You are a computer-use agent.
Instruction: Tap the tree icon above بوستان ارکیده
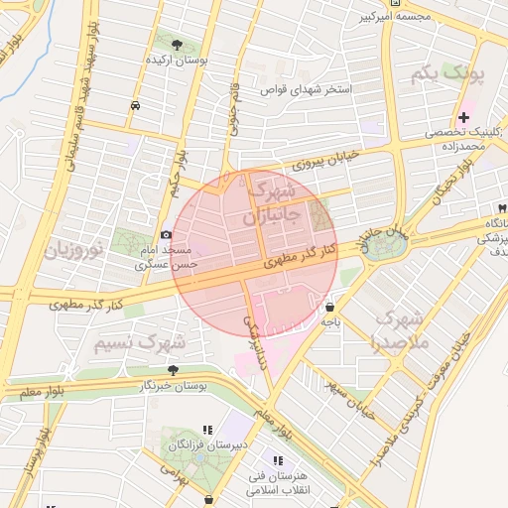177,45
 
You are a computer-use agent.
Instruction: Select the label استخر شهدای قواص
301,89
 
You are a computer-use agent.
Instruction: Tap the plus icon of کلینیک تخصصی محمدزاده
463,118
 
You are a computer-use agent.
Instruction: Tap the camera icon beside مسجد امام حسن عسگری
166,235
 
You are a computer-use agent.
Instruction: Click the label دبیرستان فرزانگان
210,445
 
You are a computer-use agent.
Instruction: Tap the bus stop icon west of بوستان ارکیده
135,102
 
